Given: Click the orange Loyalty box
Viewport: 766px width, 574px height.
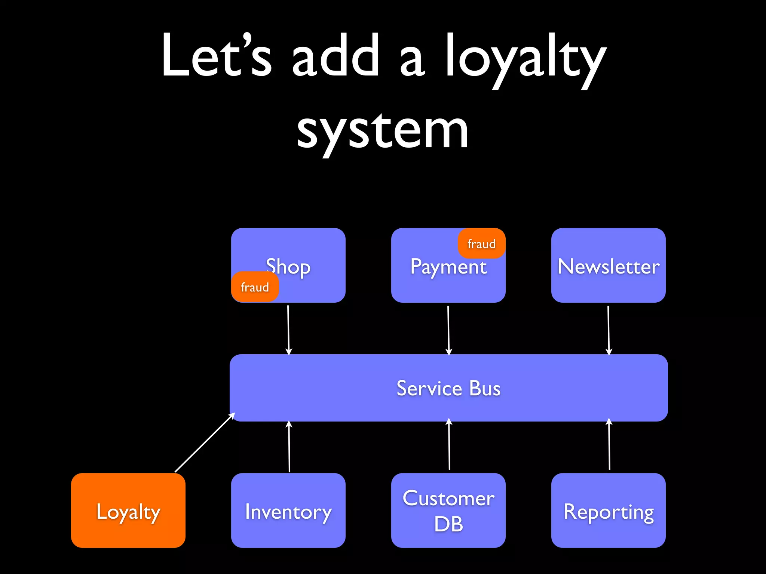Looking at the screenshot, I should point(128,510).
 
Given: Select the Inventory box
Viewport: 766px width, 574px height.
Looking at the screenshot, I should point(288,510).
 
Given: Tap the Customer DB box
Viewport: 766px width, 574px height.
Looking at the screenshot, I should point(448,510).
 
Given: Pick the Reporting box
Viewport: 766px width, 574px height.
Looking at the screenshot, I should point(608,510).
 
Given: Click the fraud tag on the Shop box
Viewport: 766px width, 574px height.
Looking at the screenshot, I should point(255,287).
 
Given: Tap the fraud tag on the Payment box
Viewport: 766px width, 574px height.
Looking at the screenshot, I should point(481,244).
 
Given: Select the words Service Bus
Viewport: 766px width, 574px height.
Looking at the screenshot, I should point(448,388).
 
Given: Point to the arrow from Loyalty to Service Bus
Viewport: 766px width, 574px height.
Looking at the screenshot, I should point(205,442).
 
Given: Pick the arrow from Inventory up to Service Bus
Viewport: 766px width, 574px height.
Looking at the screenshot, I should point(289,447).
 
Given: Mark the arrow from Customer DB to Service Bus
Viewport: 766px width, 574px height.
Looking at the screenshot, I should point(449,445).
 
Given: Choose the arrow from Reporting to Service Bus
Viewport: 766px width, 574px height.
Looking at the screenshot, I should point(609,445).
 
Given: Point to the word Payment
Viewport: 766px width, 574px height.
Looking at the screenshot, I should point(448,267).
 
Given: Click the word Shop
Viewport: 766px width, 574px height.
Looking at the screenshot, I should point(288,267).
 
